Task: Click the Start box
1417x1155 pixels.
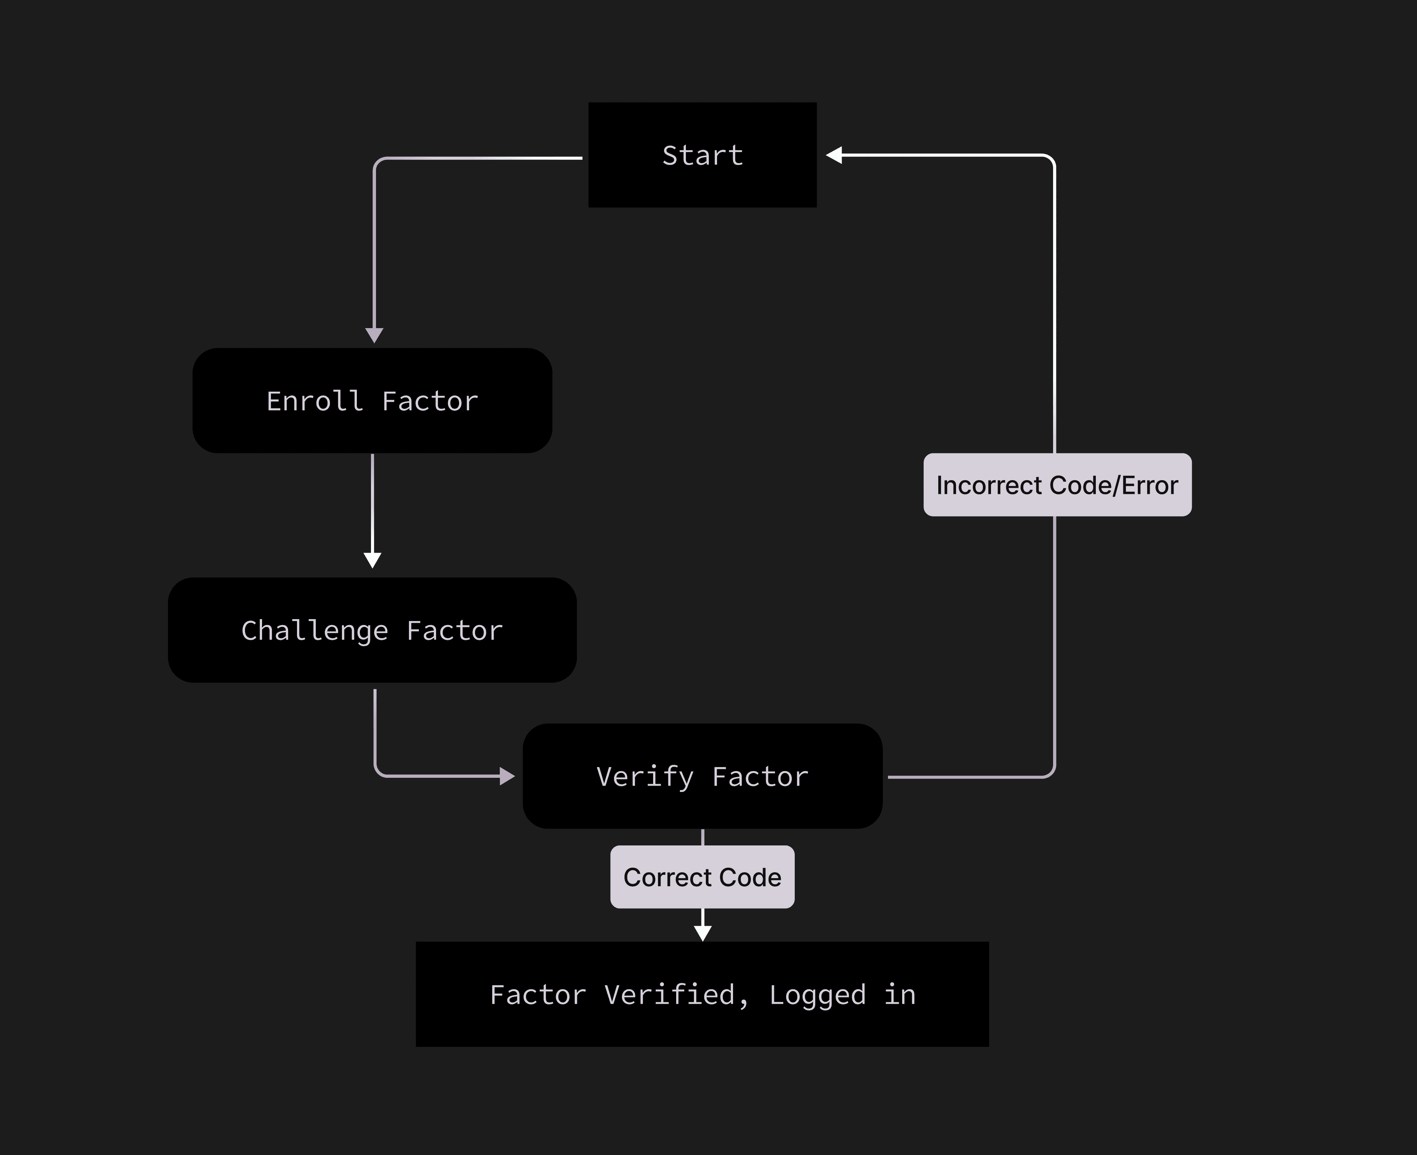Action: (702, 155)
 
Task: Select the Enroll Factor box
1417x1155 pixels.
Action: (372, 401)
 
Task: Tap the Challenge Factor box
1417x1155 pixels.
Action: (372, 630)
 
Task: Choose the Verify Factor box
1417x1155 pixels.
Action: (702, 776)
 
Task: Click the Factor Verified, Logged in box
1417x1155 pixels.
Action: (702, 994)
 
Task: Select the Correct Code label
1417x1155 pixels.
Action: (702, 877)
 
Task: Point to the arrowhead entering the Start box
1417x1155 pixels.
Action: (834, 155)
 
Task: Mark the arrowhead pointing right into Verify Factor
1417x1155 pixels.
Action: (507, 776)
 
